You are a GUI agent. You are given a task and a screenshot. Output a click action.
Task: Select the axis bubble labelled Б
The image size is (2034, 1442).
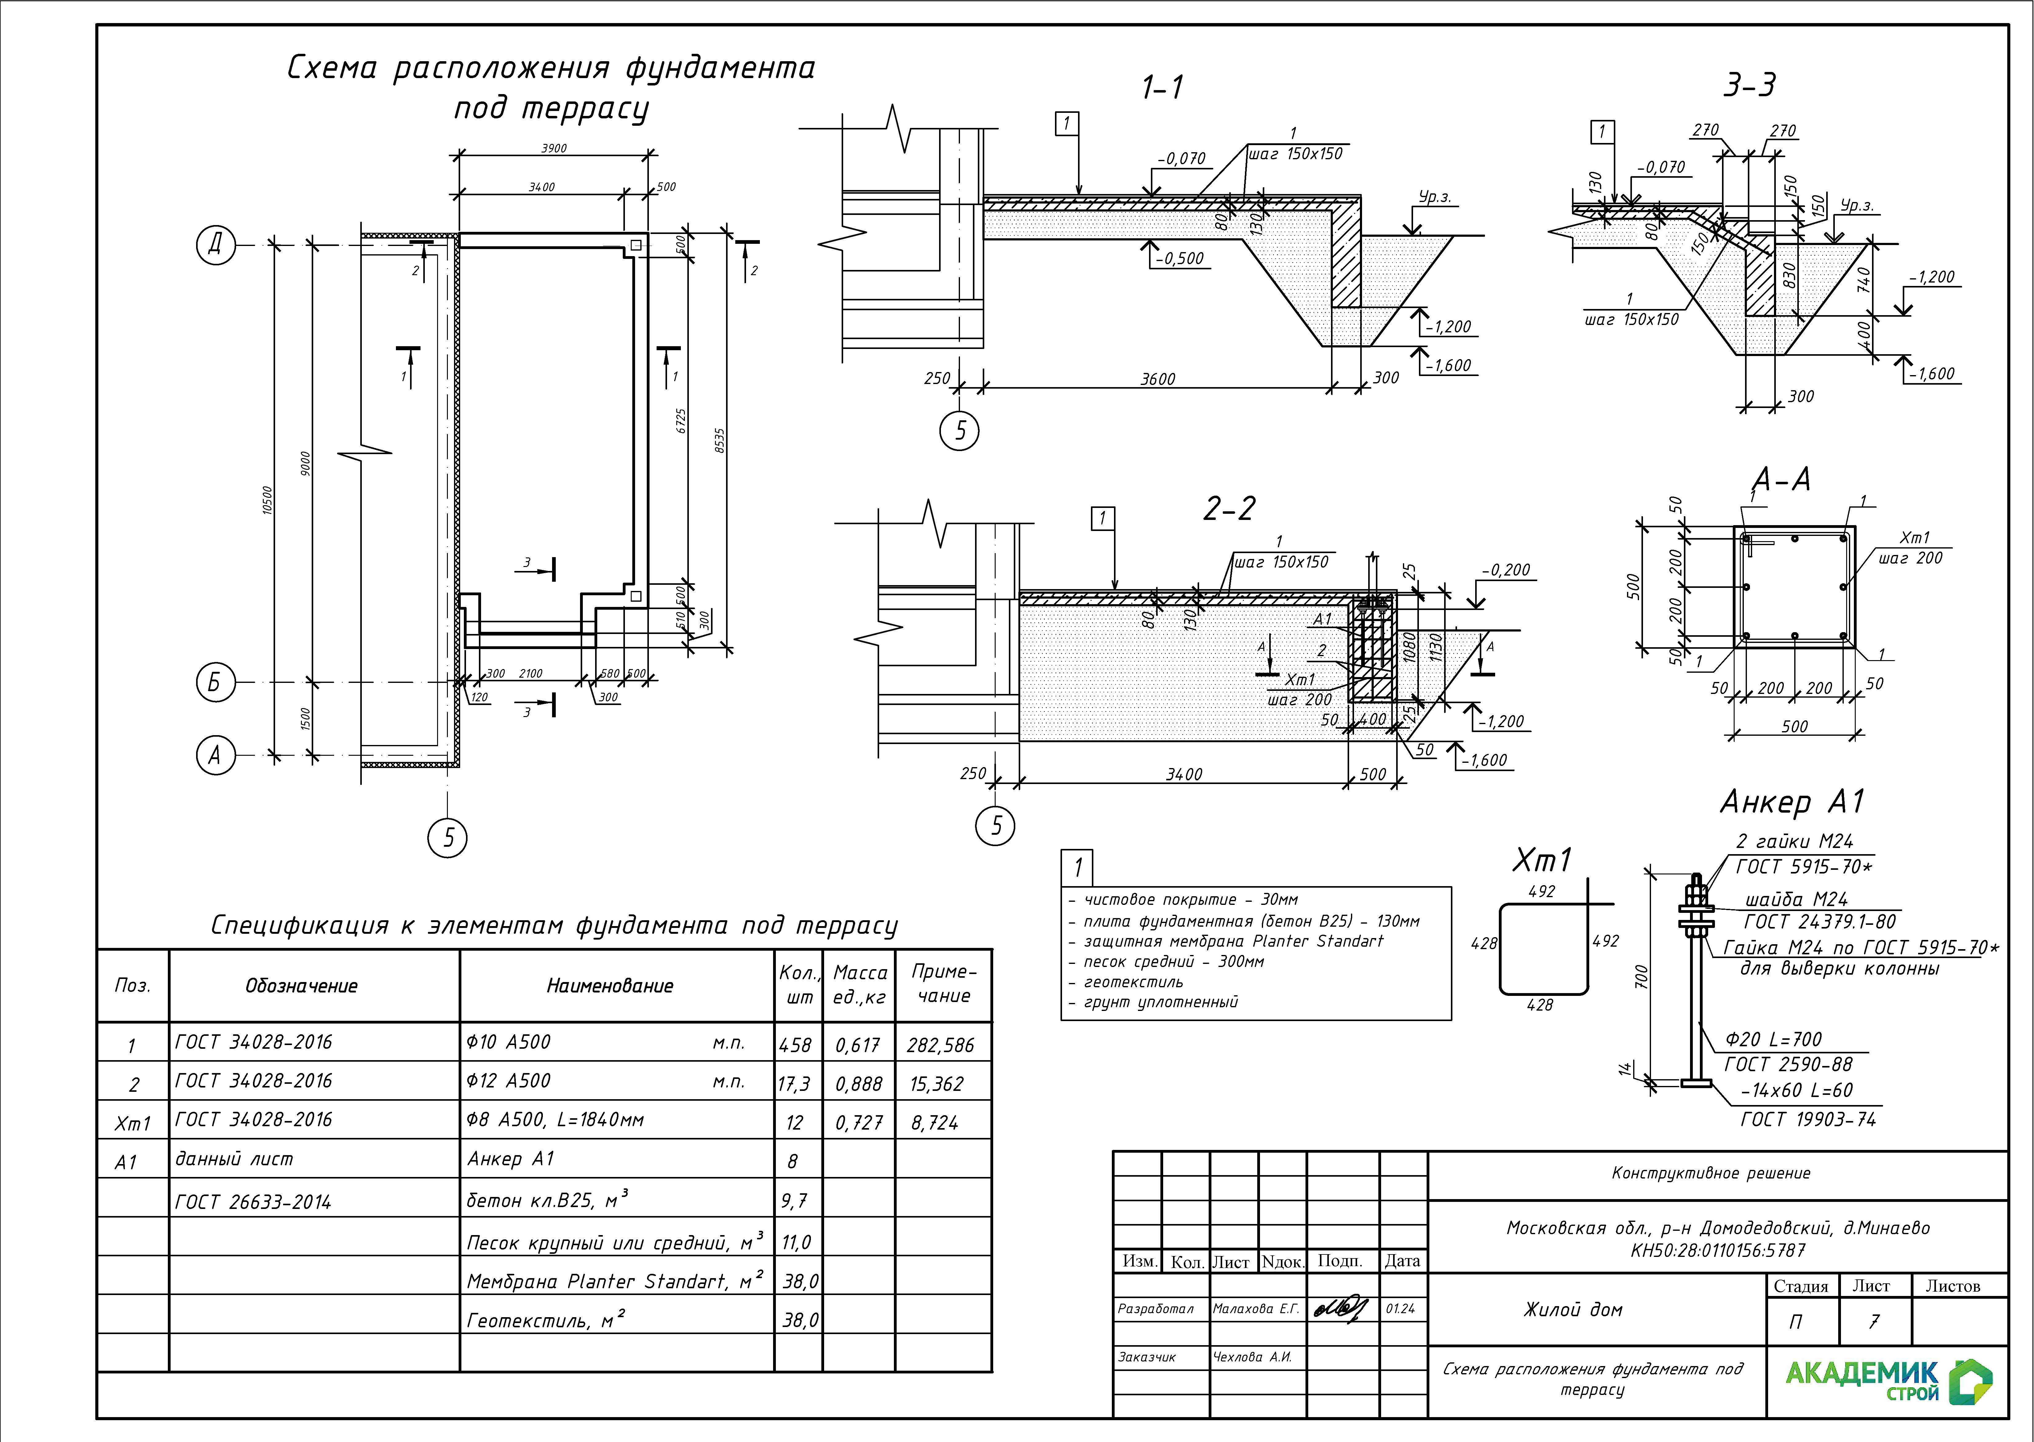[215, 683]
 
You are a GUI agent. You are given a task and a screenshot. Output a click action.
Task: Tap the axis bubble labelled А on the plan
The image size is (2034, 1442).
[215, 756]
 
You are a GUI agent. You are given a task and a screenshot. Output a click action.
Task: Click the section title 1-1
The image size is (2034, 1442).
[1162, 88]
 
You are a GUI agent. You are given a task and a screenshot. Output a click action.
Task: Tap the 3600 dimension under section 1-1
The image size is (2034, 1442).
[1158, 379]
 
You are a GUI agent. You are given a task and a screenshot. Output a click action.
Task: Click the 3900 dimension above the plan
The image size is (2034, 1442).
[554, 148]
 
